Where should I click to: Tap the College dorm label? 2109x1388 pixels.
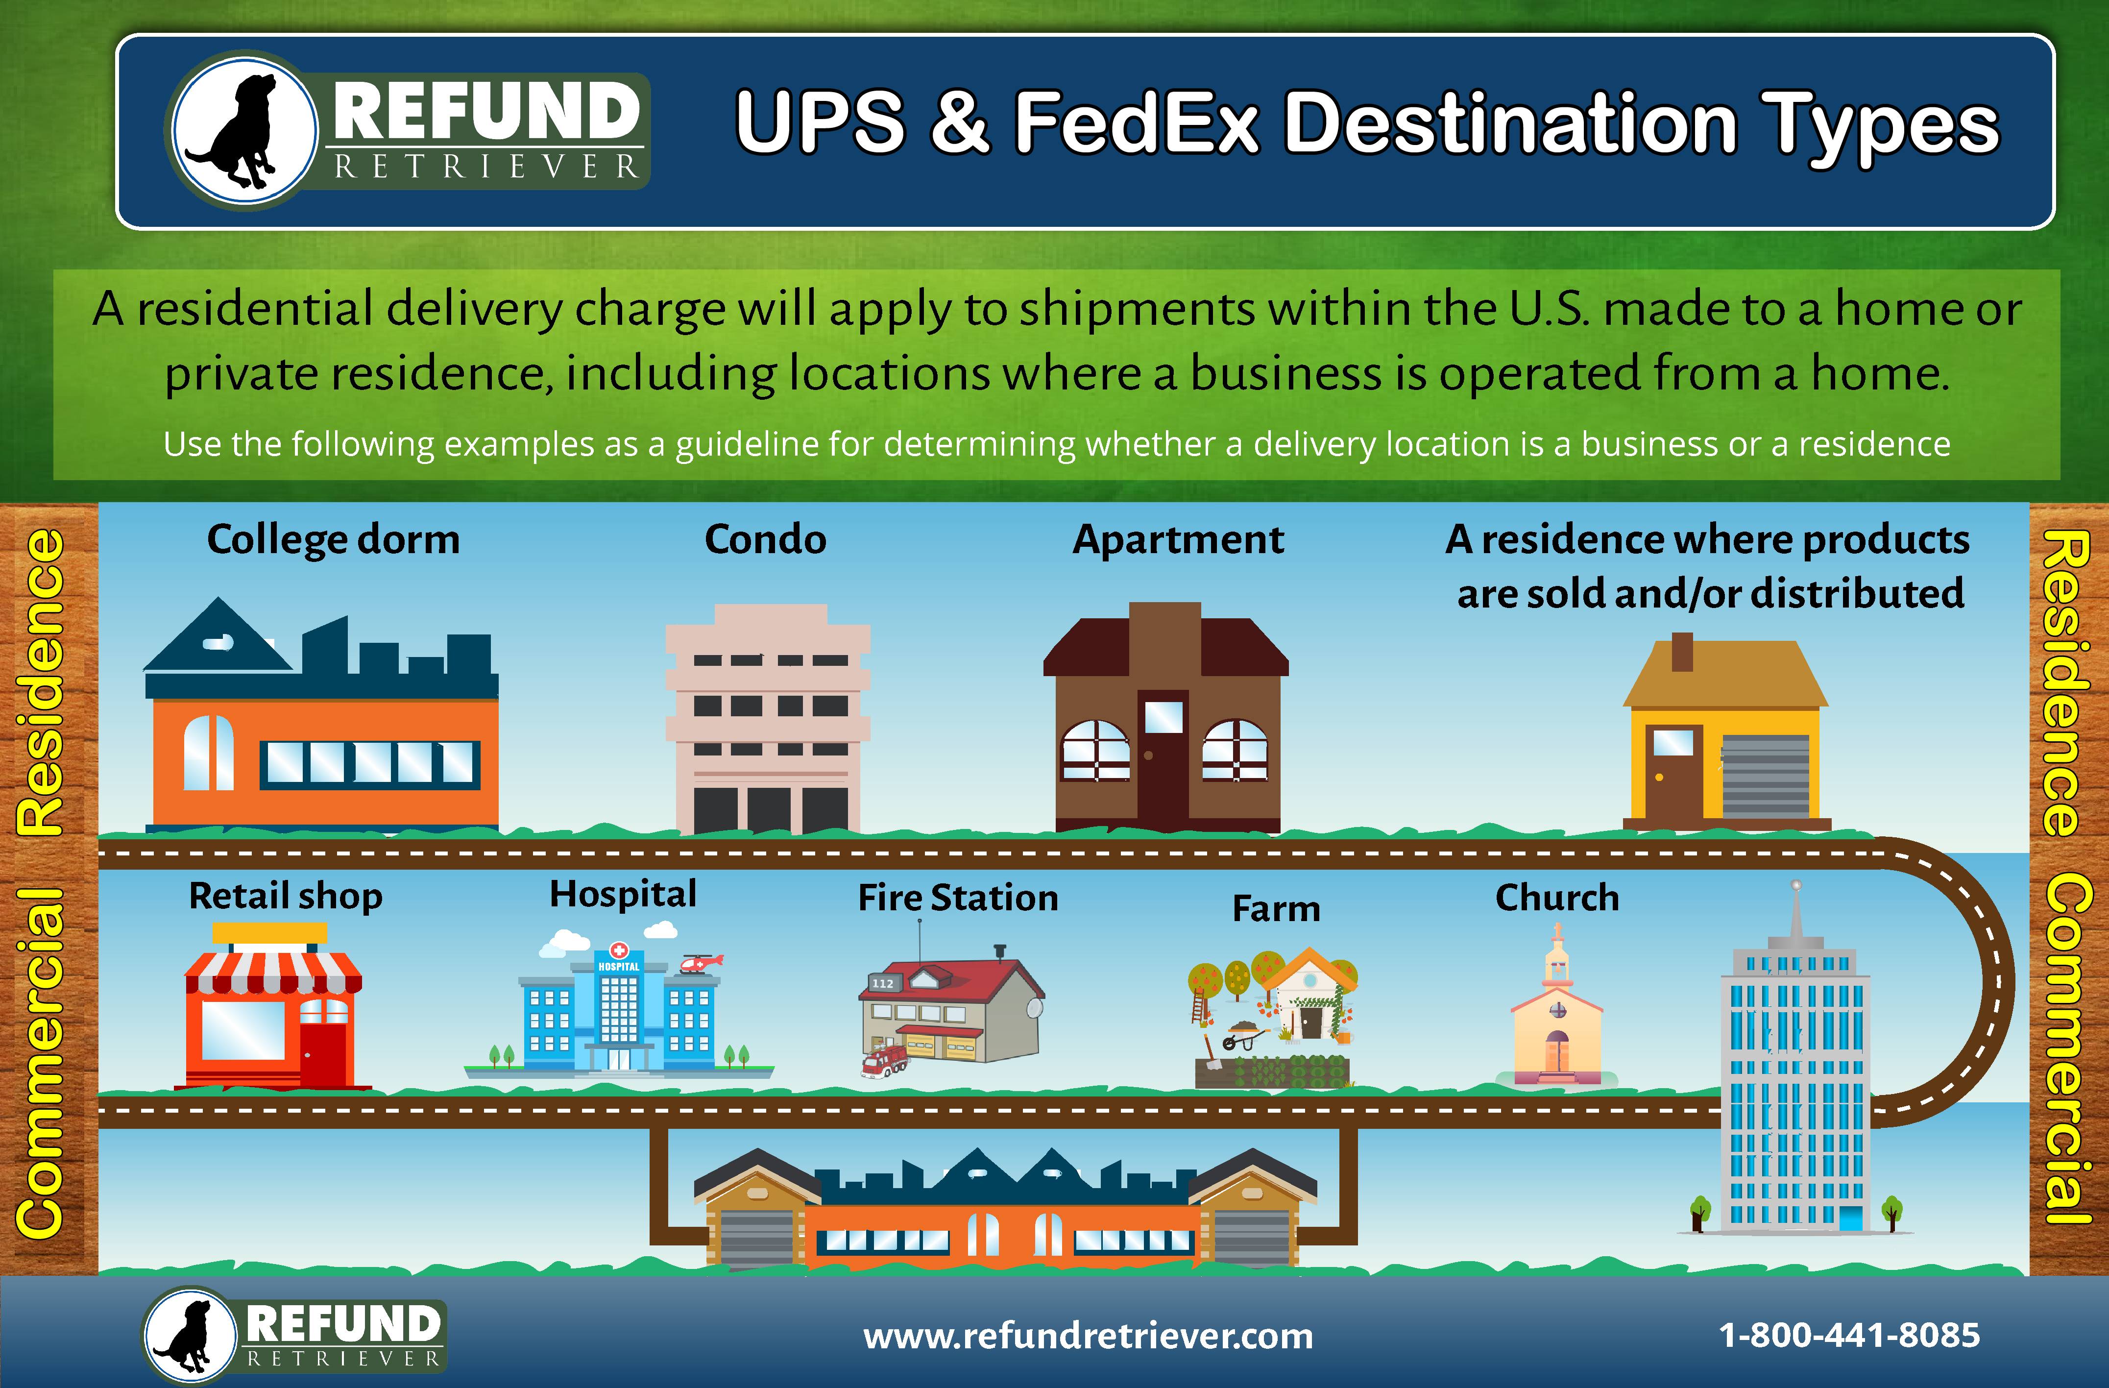click(333, 540)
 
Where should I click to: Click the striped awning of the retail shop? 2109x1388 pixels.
click(273, 973)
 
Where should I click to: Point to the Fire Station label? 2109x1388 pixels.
click(958, 898)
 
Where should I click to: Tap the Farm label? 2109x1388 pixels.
click(1276, 908)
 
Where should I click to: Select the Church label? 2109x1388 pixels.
click(1557, 898)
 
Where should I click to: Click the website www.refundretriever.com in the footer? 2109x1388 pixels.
click(1088, 1336)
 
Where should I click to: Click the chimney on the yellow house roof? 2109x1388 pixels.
click(1682, 652)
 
